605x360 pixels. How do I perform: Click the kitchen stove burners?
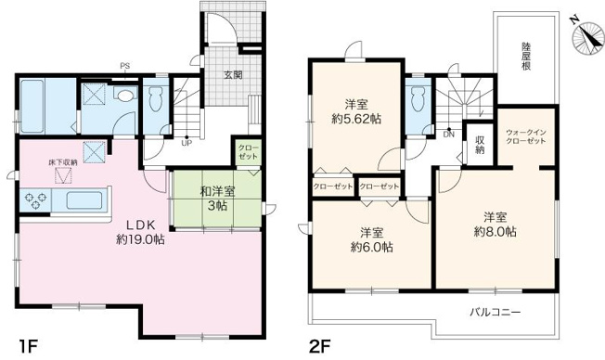[41, 199]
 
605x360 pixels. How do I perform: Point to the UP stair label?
[187, 143]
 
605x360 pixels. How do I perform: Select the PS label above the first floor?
[123, 65]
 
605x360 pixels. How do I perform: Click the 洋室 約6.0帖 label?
[370, 239]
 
